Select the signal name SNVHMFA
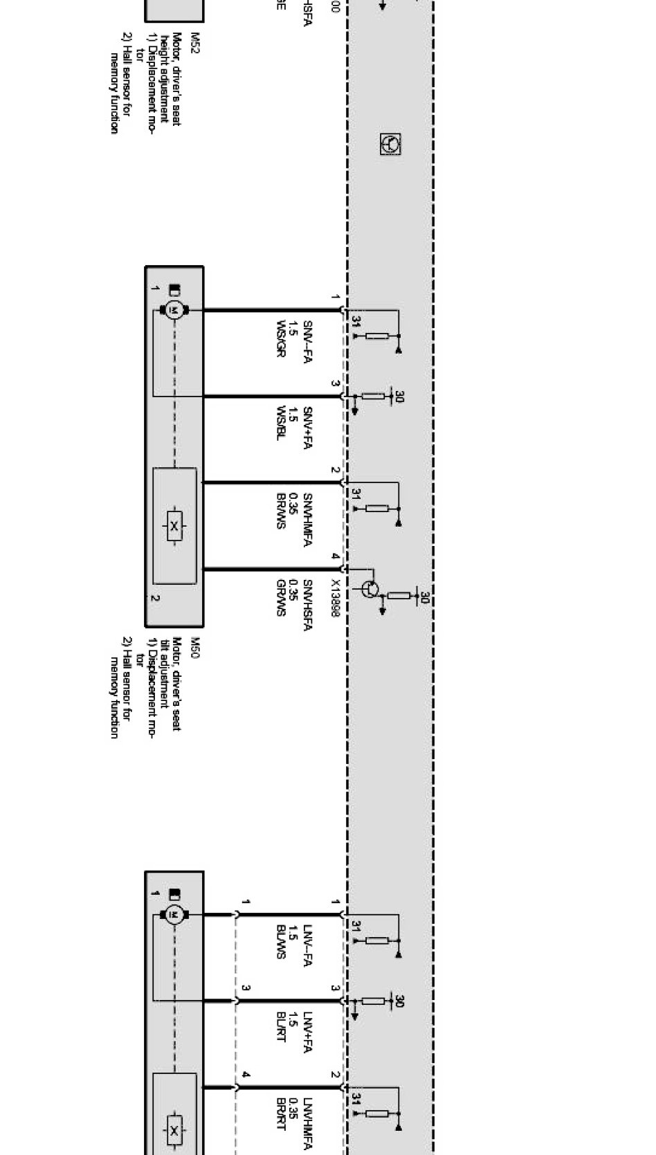click(x=307, y=520)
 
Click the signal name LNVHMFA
click(x=307, y=1125)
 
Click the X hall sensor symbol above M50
click(x=174, y=527)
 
